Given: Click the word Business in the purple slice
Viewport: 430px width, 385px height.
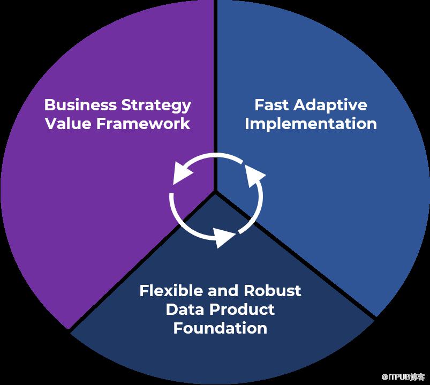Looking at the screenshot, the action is (x=80, y=105).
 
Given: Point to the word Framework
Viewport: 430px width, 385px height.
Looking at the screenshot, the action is (x=143, y=123).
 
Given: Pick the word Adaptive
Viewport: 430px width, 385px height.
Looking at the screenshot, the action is (x=330, y=106).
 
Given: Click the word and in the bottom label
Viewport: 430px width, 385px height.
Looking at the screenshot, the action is (x=223, y=290).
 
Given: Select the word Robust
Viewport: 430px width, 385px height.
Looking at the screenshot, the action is (x=273, y=290).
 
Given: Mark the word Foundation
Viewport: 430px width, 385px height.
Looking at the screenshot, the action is (x=220, y=328).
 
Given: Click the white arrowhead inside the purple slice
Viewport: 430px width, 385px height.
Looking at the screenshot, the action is (x=183, y=173).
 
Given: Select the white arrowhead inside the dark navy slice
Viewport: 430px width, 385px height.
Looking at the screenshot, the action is (x=224, y=237).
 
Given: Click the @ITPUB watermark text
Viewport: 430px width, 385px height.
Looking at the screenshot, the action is (x=403, y=377).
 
